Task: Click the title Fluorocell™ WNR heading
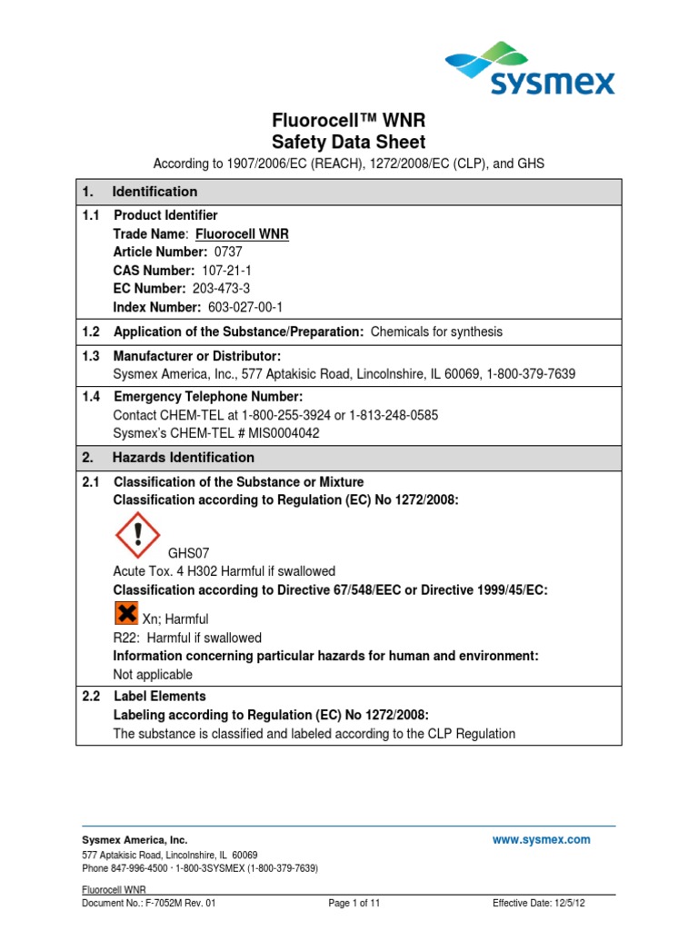(x=349, y=120)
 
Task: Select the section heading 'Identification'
(x=155, y=192)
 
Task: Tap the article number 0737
(x=228, y=252)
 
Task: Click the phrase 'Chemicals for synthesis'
(x=436, y=331)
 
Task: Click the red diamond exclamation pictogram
(x=137, y=536)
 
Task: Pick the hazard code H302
(x=195, y=571)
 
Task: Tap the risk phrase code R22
(x=125, y=638)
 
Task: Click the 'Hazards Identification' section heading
(x=184, y=458)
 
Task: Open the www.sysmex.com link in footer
(x=541, y=840)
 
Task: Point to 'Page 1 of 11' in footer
(x=354, y=903)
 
